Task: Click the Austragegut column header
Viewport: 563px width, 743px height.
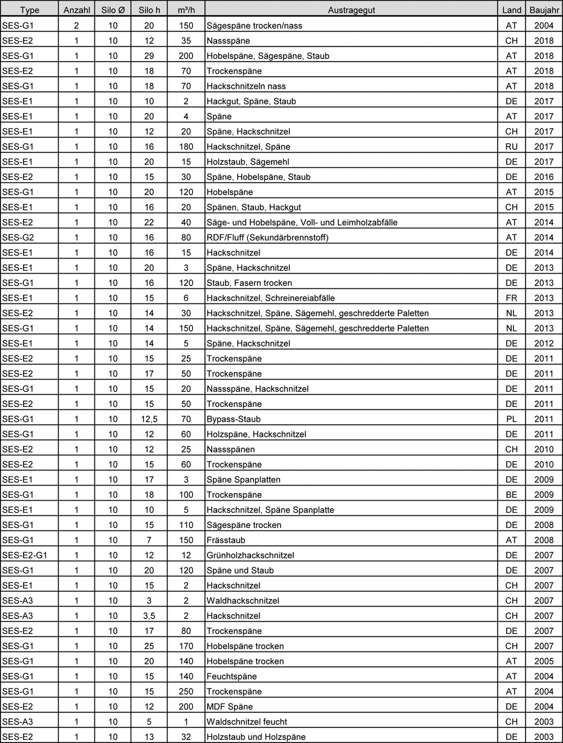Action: [350, 11]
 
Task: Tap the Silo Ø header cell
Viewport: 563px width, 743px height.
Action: [113, 11]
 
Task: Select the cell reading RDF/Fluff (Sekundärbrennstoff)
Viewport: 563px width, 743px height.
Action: [267, 237]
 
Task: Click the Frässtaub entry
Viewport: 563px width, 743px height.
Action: [226, 540]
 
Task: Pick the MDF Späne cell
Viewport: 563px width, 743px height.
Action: [229, 707]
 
